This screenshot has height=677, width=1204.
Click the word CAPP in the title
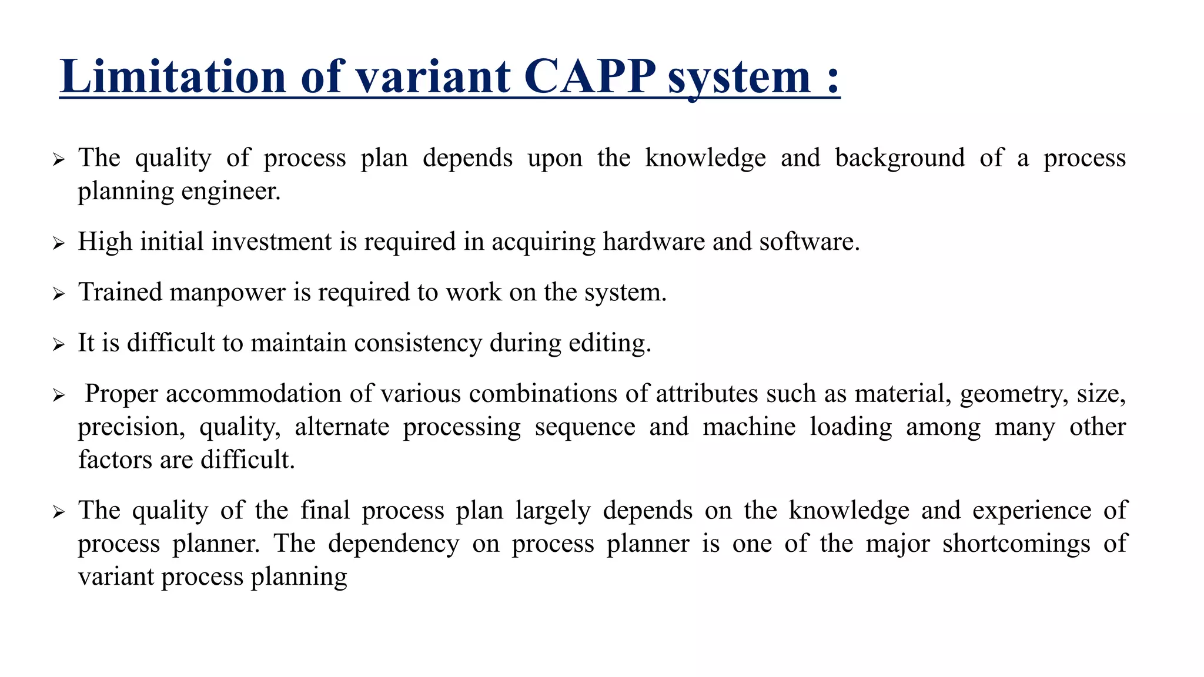click(x=590, y=76)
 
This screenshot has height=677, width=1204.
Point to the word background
click(x=900, y=159)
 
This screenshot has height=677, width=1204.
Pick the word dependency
click(x=393, y=544)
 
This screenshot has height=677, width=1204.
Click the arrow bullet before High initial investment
click(x=58, y=243)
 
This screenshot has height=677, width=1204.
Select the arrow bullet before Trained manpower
click(x=58, y=294)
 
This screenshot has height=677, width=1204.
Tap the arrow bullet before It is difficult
click(x=58, y=344)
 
